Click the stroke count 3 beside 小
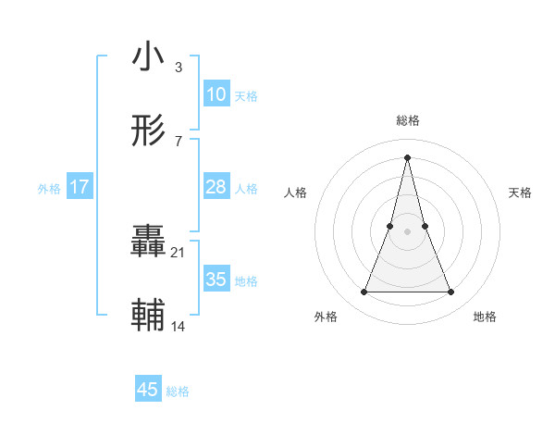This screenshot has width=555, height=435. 178,67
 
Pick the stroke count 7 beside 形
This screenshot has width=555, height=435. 178,141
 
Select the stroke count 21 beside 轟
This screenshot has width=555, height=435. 179,252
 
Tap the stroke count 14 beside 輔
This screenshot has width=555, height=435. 179,326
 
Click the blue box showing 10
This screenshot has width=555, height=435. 216,94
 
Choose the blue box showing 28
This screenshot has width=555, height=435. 216,188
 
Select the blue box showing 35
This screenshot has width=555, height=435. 216,280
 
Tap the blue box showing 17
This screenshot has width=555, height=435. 80,188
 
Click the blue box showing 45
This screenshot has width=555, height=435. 148,390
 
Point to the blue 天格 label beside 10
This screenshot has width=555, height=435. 246,96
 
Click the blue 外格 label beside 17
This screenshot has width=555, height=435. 49,189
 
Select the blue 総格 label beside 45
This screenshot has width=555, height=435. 178,391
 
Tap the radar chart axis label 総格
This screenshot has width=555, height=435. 407,120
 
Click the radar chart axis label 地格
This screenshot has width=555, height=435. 485,317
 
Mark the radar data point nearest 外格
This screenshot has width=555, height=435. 364,292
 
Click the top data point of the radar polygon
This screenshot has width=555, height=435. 407,156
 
